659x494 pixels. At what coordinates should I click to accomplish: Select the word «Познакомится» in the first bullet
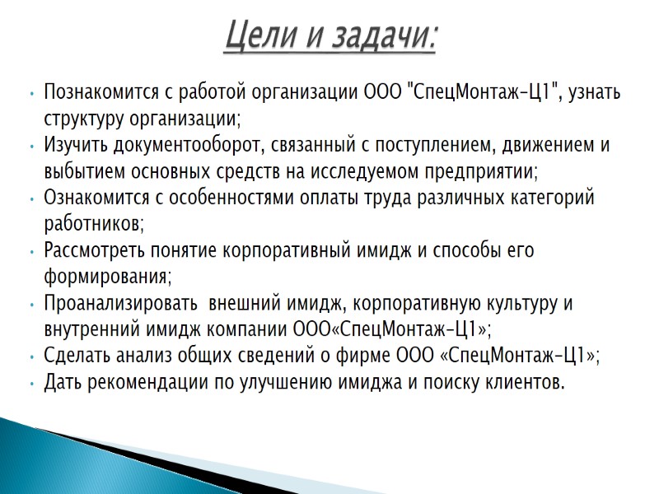pyautogui.click(x=98, y=92)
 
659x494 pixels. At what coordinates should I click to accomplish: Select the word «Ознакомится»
pyautogui.click(x=94, y=198)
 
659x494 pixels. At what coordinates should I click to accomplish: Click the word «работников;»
pyautogui.click(x=94, y=224)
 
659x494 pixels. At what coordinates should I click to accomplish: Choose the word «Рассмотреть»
pyautogui.click(x=93, y=250)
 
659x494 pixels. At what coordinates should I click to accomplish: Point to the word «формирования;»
pyautogui.click(x=107, y=277)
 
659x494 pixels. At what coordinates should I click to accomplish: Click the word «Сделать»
pyautogui.click(x=75, y=356)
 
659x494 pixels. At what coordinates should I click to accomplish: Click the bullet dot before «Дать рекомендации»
pyautogui.click(x=31, y=383)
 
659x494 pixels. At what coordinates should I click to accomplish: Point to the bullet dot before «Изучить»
pyautogui.click(x=31, y=147)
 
